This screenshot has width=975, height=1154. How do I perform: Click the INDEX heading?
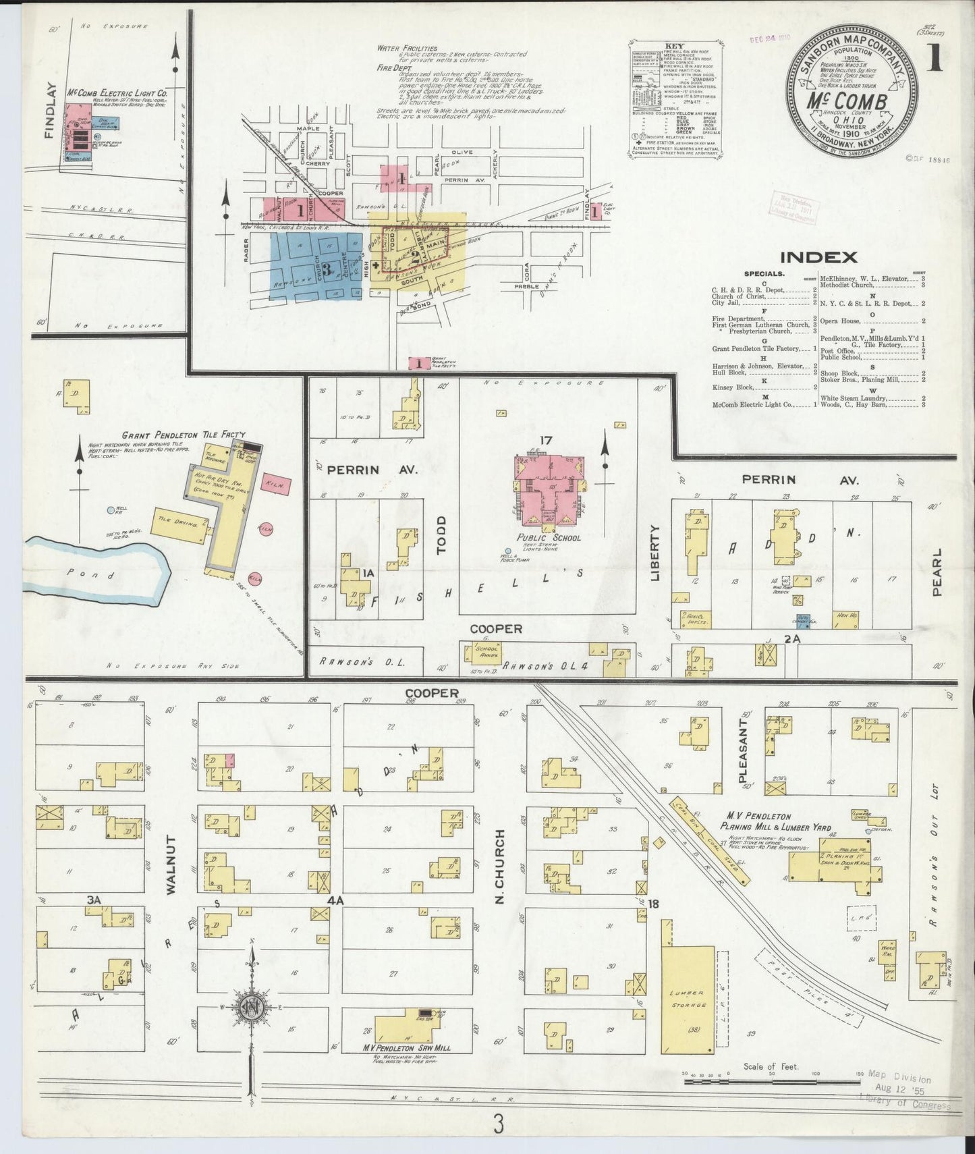click(x=818, y=257)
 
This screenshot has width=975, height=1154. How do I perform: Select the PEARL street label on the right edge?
click(x=936, y=572)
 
